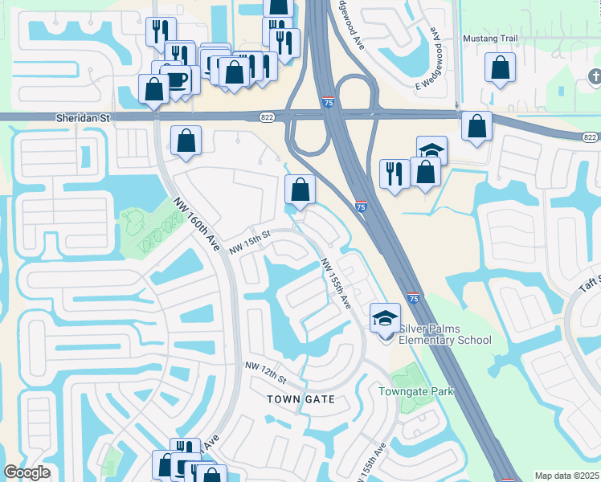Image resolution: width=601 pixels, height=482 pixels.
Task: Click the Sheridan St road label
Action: tap(83, 117)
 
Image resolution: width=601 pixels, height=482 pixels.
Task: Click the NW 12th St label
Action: tap(266, 371)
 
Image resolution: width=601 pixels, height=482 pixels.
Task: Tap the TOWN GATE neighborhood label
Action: tap(301, 398)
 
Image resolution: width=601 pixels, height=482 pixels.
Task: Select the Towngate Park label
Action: tap(416, 391)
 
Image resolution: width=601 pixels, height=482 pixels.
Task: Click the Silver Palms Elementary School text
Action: tap(445, 334)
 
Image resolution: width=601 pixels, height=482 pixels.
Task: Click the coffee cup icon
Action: tap(176, 80)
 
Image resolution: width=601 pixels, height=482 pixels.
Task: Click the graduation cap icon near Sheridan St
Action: tap(431, 149)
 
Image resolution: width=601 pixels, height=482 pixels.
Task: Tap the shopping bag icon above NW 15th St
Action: tap(300, 190)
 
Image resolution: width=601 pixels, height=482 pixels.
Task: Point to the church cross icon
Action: tap(595, 77)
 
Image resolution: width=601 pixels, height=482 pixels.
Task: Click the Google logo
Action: tap(27, 472)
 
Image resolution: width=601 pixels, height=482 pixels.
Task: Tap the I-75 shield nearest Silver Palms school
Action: tap(412, 298)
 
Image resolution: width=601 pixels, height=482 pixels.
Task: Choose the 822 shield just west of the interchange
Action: tap(267, 117)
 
